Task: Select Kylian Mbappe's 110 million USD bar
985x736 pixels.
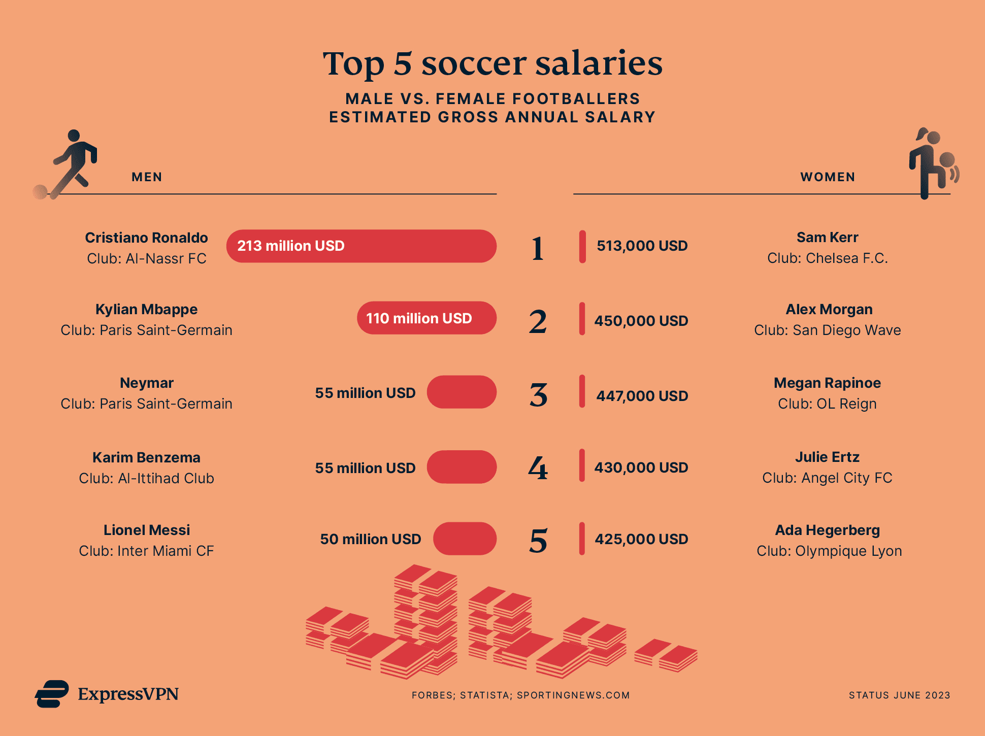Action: coord(426,318)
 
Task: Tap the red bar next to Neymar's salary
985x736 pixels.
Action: coord(462,392)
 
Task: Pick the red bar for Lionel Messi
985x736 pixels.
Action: coord(465,539)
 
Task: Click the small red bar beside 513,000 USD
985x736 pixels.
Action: coord(582,247)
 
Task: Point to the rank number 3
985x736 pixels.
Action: coord(538,395)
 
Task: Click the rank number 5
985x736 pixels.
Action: coord(538,541)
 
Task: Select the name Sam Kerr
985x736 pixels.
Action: coord(827,238)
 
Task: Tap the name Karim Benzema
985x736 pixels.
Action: coord(146,457)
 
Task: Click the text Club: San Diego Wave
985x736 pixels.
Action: coord(827,330)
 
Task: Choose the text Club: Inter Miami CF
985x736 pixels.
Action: coord(146,551)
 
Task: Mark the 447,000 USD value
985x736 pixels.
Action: coord(642,396)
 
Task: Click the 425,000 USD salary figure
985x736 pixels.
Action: coord(641,539)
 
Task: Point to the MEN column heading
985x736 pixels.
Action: coord(147,177)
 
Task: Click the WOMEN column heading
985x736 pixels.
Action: coord(828,177)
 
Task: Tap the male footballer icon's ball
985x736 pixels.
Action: coord(40,192)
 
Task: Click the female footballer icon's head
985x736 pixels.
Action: coord(933,137)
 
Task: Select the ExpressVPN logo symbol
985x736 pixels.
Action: coord(52,694)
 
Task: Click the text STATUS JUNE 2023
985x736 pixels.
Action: coord(899,695)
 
